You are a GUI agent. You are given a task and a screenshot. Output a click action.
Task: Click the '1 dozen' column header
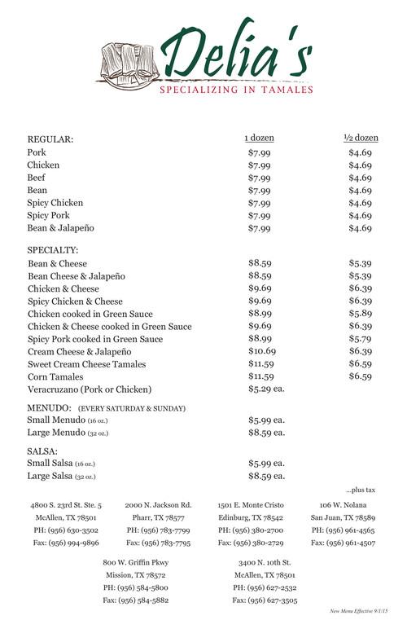point(259,139)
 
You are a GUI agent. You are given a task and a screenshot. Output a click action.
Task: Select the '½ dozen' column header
point(361,139)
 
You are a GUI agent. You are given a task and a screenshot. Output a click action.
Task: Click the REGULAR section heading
point(50,139)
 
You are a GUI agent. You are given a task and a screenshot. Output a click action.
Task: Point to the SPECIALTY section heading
point(53,249)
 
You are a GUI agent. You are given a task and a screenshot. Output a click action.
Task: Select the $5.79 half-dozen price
point(361,339)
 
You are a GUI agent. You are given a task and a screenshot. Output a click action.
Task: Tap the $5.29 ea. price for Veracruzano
point(265,389)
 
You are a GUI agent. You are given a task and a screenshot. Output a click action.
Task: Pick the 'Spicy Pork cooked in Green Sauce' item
point(95,339)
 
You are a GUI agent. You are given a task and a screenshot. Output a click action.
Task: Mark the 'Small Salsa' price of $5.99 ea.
point(265,463)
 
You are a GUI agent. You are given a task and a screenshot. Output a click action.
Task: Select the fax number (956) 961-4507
point(343,543)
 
